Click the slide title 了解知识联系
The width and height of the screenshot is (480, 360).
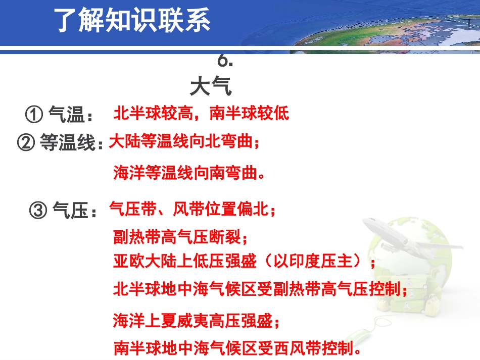(x=133, y=21)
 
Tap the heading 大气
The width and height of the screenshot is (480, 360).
(x=211, y=86)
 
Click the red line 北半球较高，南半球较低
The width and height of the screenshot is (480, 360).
(x=202, y=113)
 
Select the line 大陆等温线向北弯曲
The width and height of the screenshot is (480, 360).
(x=184, y=142)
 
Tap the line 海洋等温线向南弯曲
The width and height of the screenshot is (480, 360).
(x=189, y=174)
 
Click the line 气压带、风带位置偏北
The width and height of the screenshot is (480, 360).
(x=193, y=209)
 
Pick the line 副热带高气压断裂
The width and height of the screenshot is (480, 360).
(x=180, y=236)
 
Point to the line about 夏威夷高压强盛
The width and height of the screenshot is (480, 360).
(x=196, y=320)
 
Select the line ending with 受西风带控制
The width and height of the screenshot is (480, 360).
(x=237, y=348)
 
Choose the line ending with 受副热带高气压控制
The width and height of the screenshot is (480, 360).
(x=260, y=289)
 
